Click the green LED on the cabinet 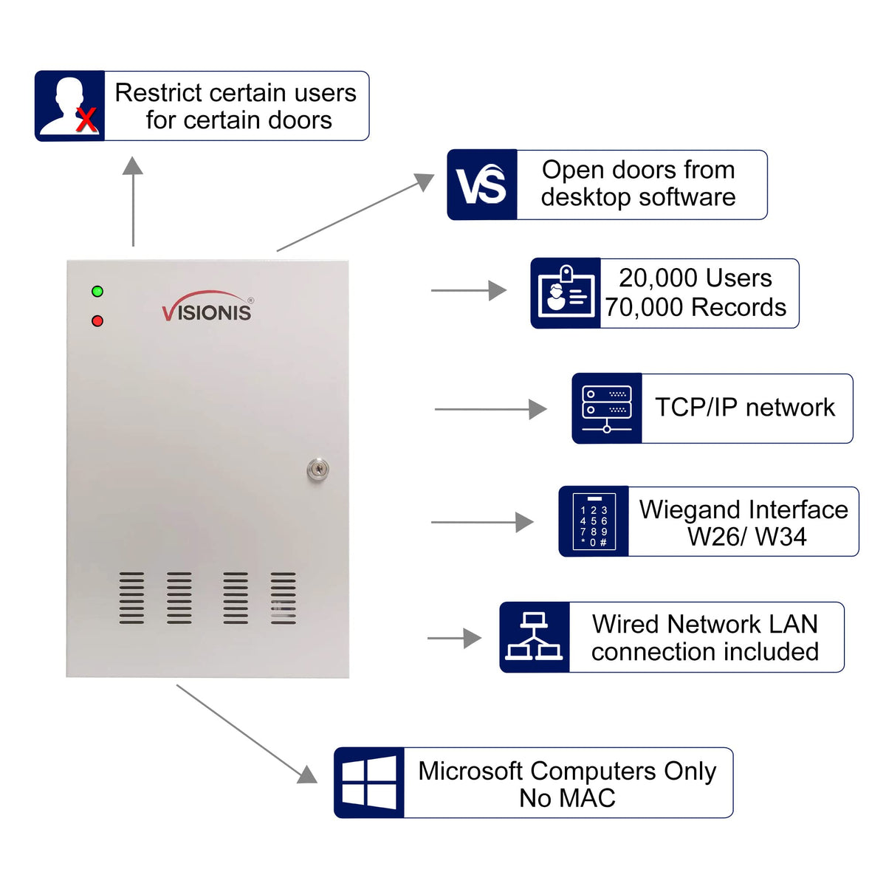pos(97,292)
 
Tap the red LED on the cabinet pos(97,321)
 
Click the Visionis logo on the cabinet pos(207,307)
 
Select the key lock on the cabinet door pos(317,469)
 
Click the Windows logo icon pos(369,783)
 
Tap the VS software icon pos(481,185)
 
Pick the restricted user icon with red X pos(70,106)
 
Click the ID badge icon pos(566,293)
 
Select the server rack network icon pos(607,408)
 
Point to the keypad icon pos(594,521)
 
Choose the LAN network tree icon pos(535,637)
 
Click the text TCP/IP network pos(745,408)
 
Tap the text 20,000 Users pos(696,278)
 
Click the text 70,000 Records pos(696,307)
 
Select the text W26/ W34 pos(746,537)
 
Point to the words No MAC pos(567,798)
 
